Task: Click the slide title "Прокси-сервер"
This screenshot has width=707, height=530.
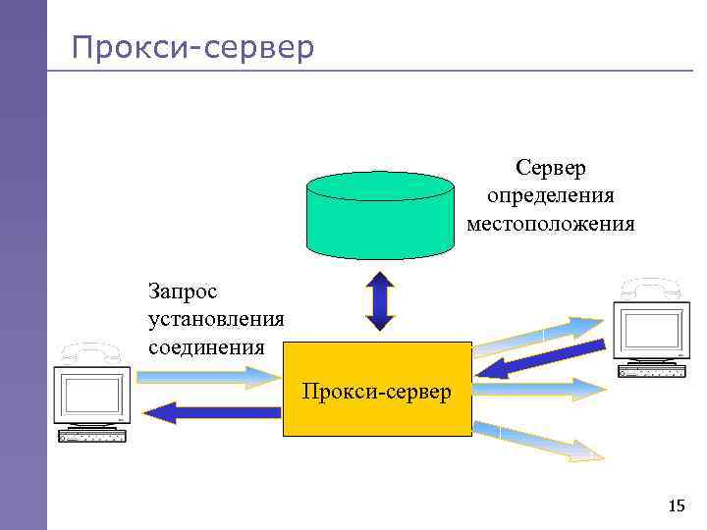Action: [193, 46]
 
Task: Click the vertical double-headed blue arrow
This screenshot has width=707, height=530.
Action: [379, 300]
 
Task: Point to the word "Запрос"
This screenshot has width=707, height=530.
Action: [183, 291]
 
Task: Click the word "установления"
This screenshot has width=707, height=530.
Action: [216, 319]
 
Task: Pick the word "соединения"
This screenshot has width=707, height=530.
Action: [206, 346]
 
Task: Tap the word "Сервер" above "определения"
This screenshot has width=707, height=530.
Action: [551, 169]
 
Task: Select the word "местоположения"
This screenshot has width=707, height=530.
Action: [551, 224]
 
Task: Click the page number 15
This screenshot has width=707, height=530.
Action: [676, 506]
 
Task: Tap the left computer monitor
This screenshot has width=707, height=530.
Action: [91, 397]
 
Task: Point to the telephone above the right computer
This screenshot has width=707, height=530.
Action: [650, 287]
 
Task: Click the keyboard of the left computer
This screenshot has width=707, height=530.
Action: [92, 436]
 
